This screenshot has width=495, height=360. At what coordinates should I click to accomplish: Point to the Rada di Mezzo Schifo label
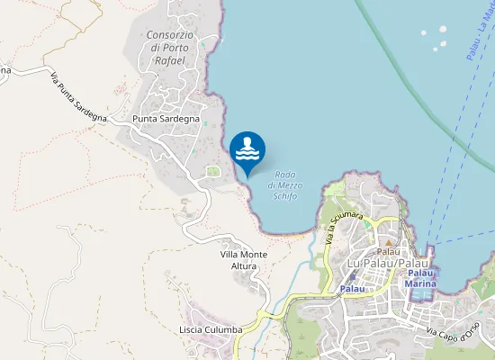point(283,185)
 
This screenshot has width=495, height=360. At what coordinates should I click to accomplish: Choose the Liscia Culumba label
point(211,329)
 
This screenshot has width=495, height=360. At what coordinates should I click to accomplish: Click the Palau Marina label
point(420,278)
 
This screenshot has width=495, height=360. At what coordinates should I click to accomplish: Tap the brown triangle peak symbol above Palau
point(388,242)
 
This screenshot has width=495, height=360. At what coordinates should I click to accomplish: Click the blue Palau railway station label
point(350,289)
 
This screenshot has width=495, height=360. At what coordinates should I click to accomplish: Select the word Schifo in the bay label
point(283,196)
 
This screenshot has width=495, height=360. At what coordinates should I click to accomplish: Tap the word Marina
point(420,284)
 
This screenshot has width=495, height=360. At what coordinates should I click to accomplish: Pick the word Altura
point(244,266)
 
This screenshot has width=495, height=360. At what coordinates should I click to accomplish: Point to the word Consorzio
point(167,35)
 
